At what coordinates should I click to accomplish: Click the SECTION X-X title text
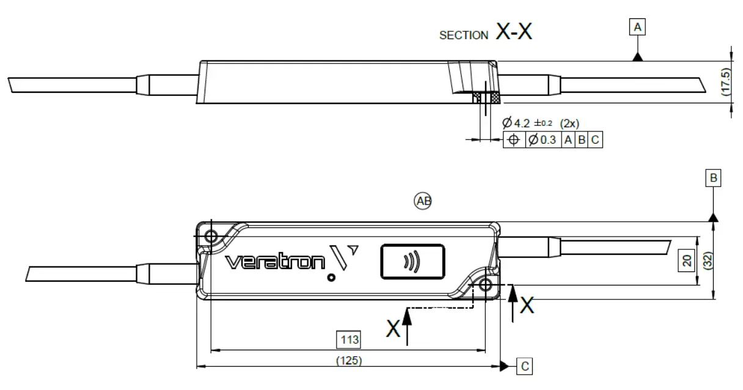(x=485, y=33)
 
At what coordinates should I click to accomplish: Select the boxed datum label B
(x=712, y=178)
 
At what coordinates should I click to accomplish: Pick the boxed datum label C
(x=524, y=366)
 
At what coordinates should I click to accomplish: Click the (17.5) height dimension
(x=725, y=82)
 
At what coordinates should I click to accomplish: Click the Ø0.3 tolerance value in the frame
(x=542, y=141)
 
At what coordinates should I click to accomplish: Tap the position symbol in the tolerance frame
(x=513, y=141)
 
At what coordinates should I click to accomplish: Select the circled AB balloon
(x=422, y=201)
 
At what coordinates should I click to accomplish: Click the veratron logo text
(x=275, y=262)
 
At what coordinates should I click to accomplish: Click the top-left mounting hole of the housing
(x=211, y=236)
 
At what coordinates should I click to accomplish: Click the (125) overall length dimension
(x=348, y=361)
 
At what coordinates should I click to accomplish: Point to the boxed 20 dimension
(x=687, y=261)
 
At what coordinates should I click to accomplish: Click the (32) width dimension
(x=707, y=261)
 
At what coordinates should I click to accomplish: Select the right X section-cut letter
(x=526, y=305)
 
